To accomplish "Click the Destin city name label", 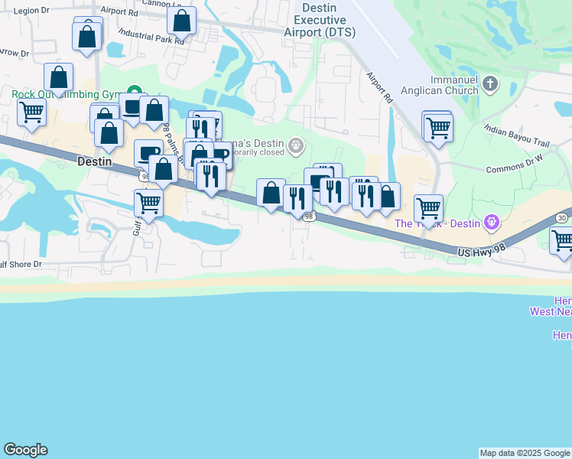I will (x=96, y=162).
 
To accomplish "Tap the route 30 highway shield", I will (x=562, y=219).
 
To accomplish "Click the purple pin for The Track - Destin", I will (x=491, y=223).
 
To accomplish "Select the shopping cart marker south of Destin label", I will (x=148, y=203).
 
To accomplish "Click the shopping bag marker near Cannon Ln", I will (x=181, y=21).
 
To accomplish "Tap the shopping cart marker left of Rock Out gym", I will (x=32, y=112).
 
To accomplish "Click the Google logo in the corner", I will (x=25, y=450).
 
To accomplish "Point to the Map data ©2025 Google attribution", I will (x=525, y=453).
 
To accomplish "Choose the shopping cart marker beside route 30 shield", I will (x=562, y=240).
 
